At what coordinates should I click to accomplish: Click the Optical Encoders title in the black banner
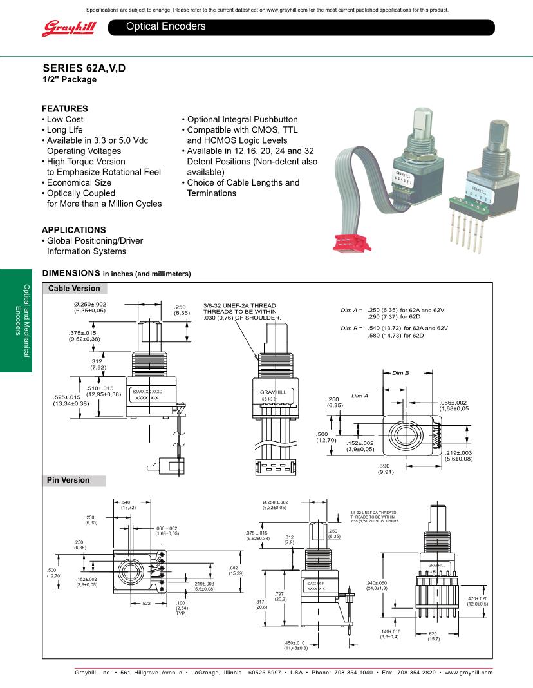166,26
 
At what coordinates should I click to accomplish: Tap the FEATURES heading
65,109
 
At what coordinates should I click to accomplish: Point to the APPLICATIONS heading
74,230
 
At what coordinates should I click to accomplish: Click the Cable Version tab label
74,289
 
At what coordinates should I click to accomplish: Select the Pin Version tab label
69,481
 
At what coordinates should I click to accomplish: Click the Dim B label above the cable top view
401,373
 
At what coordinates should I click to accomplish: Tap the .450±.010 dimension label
295,645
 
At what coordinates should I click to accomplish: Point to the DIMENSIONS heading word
71,273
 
